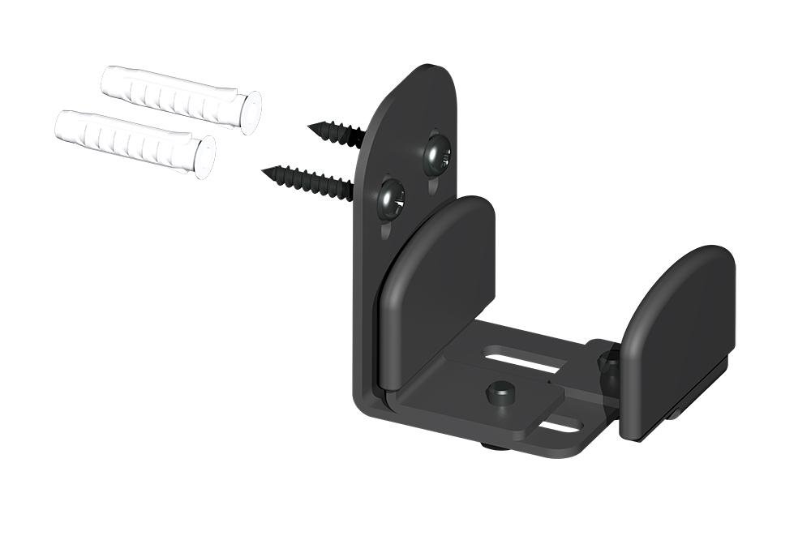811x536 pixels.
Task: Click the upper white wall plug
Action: (x=174, y=95)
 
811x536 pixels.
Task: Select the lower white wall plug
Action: (x=130, y=139)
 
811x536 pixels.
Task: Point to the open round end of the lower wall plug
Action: (x=205, y=157)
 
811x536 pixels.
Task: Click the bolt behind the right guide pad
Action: (x=608, y=369)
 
